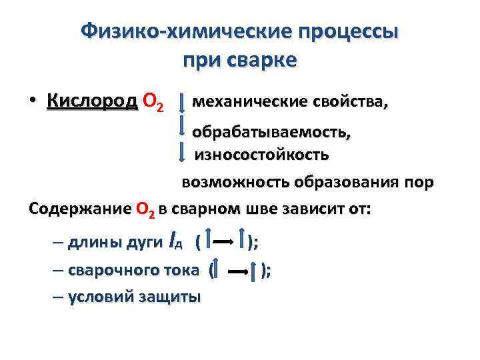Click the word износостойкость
(261, 155)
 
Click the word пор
(417, 181)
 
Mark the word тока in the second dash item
(180, 270)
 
